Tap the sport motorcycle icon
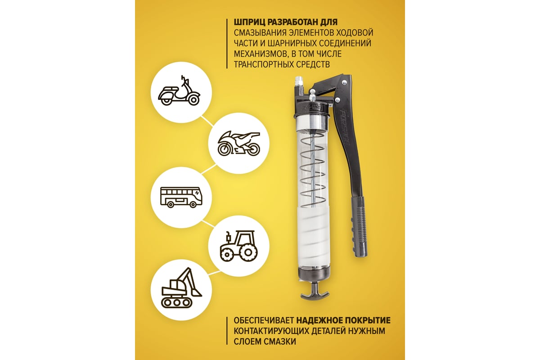(239, 143)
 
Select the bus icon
(181, 197)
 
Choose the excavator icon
(181, 288)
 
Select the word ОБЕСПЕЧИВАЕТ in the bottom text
(264, 320)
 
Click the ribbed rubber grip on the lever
(359, 227)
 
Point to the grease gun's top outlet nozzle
(298, 82)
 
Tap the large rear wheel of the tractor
(248, 252)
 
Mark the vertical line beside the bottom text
(227, 331)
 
